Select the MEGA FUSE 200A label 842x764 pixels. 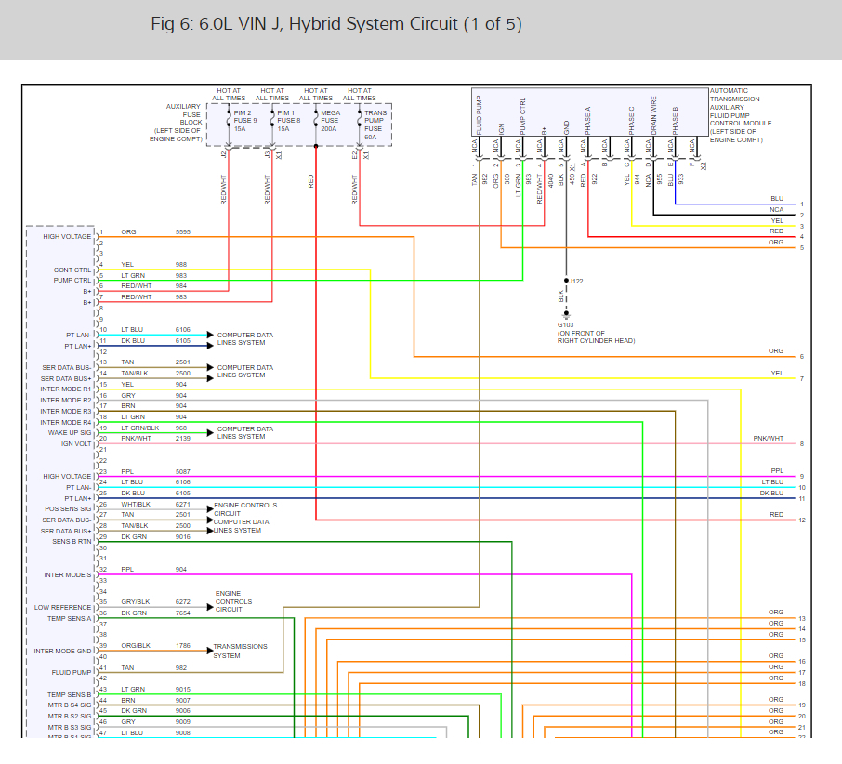coord(330,120)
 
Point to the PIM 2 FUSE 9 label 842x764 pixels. coord(244,120)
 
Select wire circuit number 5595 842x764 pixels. coord(183,231)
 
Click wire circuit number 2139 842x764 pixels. coord(183,437)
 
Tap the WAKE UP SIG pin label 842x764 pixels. coord(71,433)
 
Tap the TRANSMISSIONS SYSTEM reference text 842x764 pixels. coord(240,651)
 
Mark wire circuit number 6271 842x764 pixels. coord(183,504)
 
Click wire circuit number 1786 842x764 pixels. coord(183,645)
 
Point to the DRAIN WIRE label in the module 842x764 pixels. coord(654,115)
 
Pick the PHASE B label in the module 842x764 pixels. coord(676,121)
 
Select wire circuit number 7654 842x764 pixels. coord(183,613)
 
